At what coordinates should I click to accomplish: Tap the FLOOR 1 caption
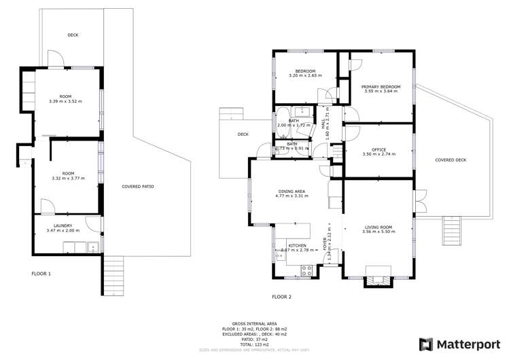[41, 273]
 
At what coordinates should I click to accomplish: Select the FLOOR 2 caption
[281, 297]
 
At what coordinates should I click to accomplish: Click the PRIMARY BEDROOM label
[381, 87]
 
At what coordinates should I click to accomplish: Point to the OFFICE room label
[379, 150]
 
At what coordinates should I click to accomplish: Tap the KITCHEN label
[297, 245]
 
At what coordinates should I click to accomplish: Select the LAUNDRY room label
[63, 227]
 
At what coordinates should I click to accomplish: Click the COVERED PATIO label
[138, 186]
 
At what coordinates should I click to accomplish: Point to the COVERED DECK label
[451, 160]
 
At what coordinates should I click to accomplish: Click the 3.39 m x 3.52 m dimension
[65, 101]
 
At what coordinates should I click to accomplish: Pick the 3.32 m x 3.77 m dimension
[65, 179]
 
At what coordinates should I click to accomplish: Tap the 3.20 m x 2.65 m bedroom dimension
[305, 75]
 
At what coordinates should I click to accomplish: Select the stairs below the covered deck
[451, 223]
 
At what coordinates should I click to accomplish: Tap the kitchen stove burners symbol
[306, 268]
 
